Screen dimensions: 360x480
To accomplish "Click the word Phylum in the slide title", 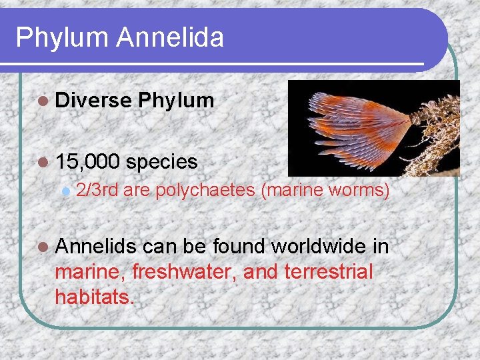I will (61, 37).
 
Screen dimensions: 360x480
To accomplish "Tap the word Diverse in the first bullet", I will (93, 101).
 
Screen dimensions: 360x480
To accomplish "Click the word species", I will (161, 161).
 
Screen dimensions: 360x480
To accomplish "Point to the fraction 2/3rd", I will (97, 191).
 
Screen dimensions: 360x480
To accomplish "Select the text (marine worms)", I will (325, 191).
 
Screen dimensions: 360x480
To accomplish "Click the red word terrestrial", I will (328, 272).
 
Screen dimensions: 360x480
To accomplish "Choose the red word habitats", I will (95, 296).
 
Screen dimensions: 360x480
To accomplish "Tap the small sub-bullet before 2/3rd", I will (65, 191).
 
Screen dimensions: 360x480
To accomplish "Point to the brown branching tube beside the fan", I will (437, 127).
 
